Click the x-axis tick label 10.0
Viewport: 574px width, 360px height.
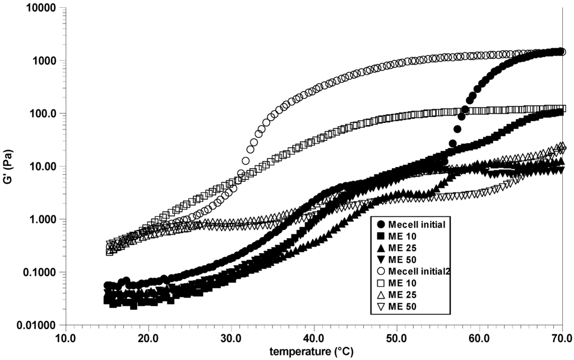(x=66, y=338)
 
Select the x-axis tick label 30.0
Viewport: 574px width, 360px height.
(x=231, y=338)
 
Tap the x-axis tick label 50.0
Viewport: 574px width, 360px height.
(x=396, y=338)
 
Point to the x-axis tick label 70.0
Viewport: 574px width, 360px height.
(x=561, y=338)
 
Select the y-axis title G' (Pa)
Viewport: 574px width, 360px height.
(x=9, y=167)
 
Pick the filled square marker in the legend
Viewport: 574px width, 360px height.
(x=382, y=237)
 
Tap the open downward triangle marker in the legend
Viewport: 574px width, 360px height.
(x=382, y=306)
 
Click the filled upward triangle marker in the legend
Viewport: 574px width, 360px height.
(x=382, y=248)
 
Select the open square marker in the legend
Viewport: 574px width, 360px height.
(x=382, y=283)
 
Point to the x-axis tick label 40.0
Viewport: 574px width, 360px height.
(x=314, y=338)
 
